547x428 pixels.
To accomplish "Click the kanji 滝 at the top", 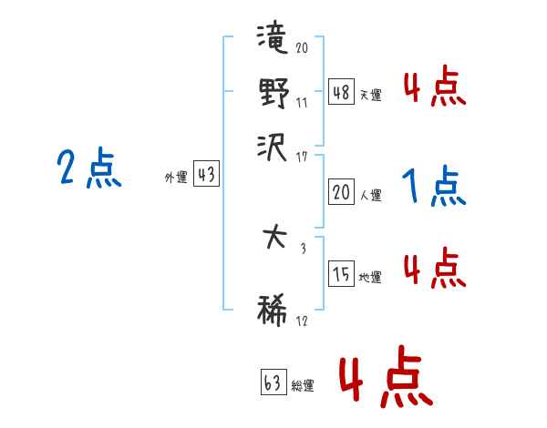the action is pos(273,41).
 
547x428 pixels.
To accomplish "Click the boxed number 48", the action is pos(341,91).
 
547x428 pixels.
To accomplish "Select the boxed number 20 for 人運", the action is pos(341,191).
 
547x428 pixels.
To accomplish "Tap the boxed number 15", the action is pos(341,274).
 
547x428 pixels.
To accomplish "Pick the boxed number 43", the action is pos(207,175).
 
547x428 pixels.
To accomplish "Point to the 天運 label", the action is pos(370,95).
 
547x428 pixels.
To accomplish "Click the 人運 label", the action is pos(370,195).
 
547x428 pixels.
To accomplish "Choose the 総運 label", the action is pos(303,385).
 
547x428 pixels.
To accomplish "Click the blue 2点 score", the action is pos(88,169).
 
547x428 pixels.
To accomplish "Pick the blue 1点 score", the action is pos(434,187).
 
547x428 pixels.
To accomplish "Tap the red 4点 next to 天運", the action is pos(434,87).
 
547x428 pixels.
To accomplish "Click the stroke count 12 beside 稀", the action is pos(302,321).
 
